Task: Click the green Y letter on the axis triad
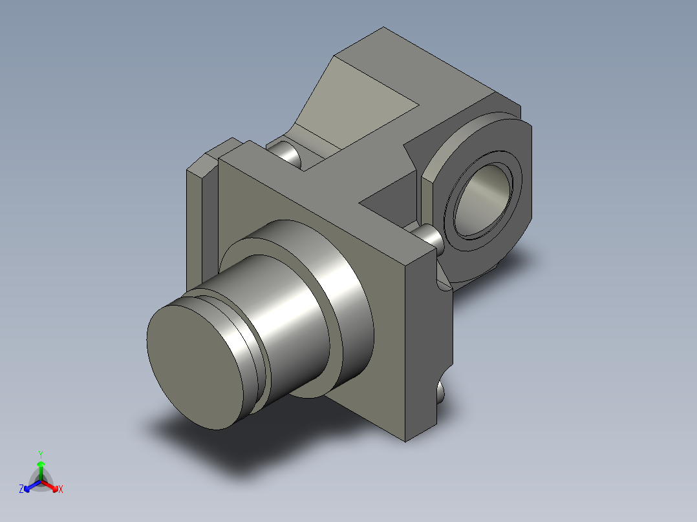pos(41,454)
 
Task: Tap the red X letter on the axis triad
pos(61,490)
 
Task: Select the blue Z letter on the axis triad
pos(21,490)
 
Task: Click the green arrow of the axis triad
pos(41,468)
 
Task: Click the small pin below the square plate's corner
pos(441,391)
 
